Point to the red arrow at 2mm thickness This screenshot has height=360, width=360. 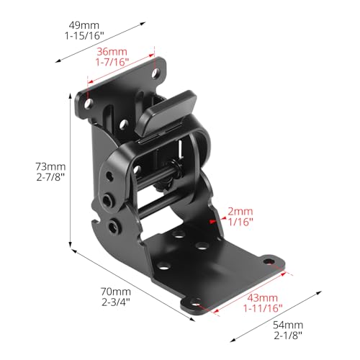pyautogui.click(x=213, y=224)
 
